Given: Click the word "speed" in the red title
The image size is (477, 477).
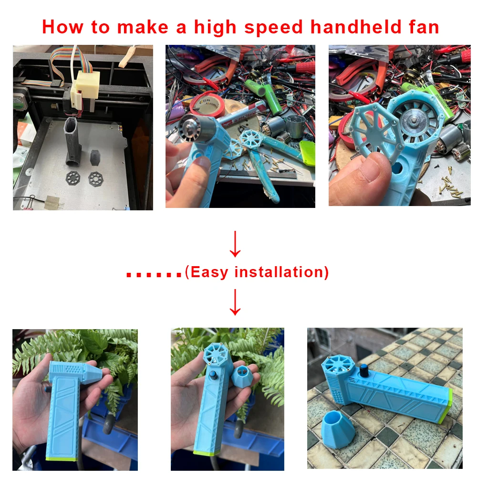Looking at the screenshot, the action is (x=273, y=28).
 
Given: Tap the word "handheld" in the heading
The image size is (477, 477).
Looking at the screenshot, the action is (x=356, y=27).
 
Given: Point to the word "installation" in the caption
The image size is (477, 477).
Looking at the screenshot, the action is (x=279, y=272).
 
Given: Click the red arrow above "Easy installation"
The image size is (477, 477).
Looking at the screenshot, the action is (x=235, y=244).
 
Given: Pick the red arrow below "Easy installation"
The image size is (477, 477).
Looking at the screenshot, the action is (x=235, y=302).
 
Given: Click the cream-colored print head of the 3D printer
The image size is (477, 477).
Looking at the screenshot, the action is (x=85, y=87).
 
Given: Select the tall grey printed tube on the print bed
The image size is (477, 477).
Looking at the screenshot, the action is (x=73, y=142).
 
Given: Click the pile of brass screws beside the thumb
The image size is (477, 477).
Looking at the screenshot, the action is (x=450, y=186).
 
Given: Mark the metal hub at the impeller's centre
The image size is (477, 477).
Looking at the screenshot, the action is (x=414, y=120).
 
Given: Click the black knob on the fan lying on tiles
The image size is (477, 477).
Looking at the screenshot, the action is (x=363, y=371).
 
